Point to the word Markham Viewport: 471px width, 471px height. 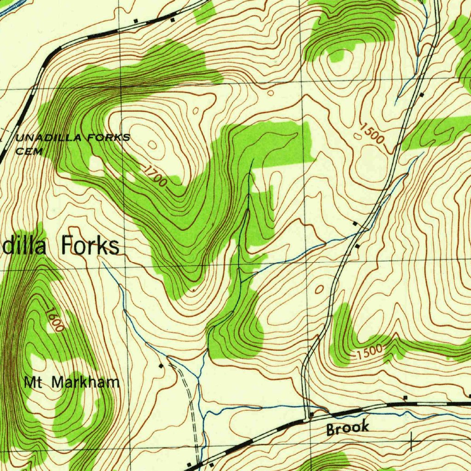point(85,382)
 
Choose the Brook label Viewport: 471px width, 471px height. point(348,428)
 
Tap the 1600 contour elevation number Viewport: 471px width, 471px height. point(55,319)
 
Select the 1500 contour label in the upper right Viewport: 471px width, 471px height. point(372,133)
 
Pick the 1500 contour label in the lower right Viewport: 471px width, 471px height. point(369,350)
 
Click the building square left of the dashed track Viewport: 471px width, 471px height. point(161,366)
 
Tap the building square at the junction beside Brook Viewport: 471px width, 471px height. point(311,415)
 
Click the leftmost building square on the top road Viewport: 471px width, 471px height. point(135,21)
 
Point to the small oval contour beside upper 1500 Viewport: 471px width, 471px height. point(358,136)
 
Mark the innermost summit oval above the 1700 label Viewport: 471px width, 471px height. point(152,145)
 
